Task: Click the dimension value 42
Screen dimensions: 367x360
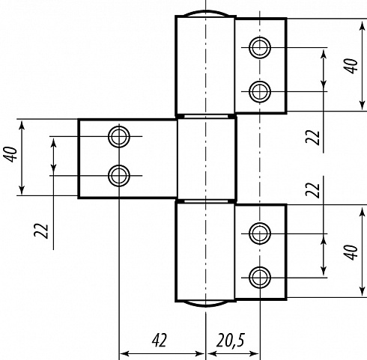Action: click(x=159, y=340)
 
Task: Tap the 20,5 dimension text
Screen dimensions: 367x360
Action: click(x=231, y=340)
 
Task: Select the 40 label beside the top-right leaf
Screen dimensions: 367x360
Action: click(x=351, y=66)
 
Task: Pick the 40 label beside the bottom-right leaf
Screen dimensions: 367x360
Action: click(x=351, y=252)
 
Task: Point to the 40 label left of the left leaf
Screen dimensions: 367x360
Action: click(x=10, y=154)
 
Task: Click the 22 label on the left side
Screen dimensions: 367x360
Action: click(x=41, y=231)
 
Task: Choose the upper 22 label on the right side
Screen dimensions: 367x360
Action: click(x=312, y=138)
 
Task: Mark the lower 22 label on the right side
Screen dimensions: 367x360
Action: click(x=312, y=190)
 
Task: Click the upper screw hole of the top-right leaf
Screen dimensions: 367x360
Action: click(x=260, y=47)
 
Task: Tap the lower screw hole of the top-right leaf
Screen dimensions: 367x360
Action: click(x=260, y=91)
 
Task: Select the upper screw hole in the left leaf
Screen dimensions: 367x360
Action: click(x=119, y=136)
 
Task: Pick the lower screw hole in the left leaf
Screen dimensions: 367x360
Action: click(x=119, y=176)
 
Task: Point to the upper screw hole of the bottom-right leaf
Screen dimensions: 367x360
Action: click(x=260, y=234)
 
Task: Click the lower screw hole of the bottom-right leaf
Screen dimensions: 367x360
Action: click(x=260, y=277)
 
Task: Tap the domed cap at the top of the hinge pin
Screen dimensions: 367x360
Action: click(x=205, y=12)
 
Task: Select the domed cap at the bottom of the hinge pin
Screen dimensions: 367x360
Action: click(x=205, y=305)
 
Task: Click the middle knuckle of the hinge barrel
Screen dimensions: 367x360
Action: click(x=206, y=159)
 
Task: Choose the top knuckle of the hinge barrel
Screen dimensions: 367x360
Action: click(x=205, y=65)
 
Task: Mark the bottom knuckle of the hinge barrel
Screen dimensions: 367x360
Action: click(x=205, y=251)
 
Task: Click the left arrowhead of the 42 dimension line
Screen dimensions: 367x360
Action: click(x=124, y=353)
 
